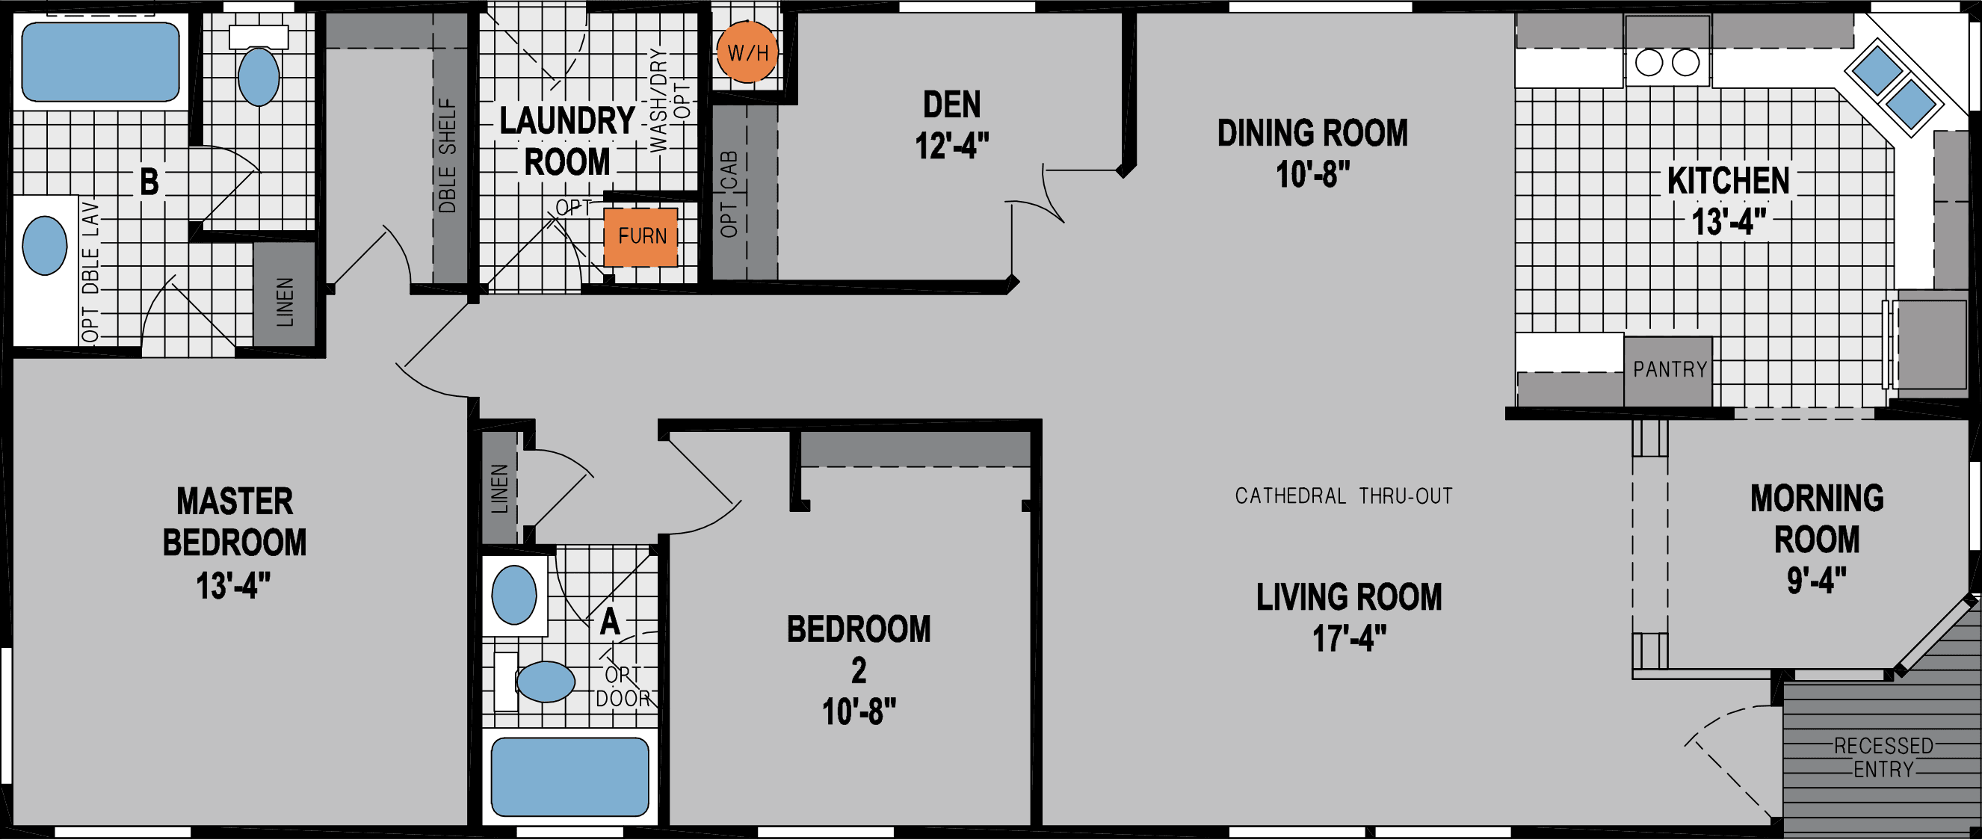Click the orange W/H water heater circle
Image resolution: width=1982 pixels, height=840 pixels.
[747, 53]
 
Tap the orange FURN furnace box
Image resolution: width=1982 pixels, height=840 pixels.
[641, 237]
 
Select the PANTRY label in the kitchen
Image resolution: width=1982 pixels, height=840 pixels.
[1670, 370]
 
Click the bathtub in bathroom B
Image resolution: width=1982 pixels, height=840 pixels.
[101, 61]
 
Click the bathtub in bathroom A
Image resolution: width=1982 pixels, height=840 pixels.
[569, 776]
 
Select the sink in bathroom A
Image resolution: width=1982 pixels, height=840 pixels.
[514, 595]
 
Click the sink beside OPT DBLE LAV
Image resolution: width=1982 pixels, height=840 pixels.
[45, 245]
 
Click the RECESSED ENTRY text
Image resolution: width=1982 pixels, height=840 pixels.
[1883, 758]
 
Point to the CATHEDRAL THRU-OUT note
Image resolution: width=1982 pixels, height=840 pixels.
[1344, 496]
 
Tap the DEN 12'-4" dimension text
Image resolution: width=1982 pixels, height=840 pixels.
[951, 146]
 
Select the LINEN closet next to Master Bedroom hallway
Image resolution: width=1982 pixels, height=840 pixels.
[499, 489]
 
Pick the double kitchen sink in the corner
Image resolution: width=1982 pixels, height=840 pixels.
[1894, 87]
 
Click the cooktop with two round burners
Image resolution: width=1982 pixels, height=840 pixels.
[1667, 63]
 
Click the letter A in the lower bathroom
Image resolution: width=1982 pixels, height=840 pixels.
[610, 622]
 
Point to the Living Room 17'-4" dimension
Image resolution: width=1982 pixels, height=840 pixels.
[1349, 639]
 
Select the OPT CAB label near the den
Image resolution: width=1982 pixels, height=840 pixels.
[729, 194]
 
